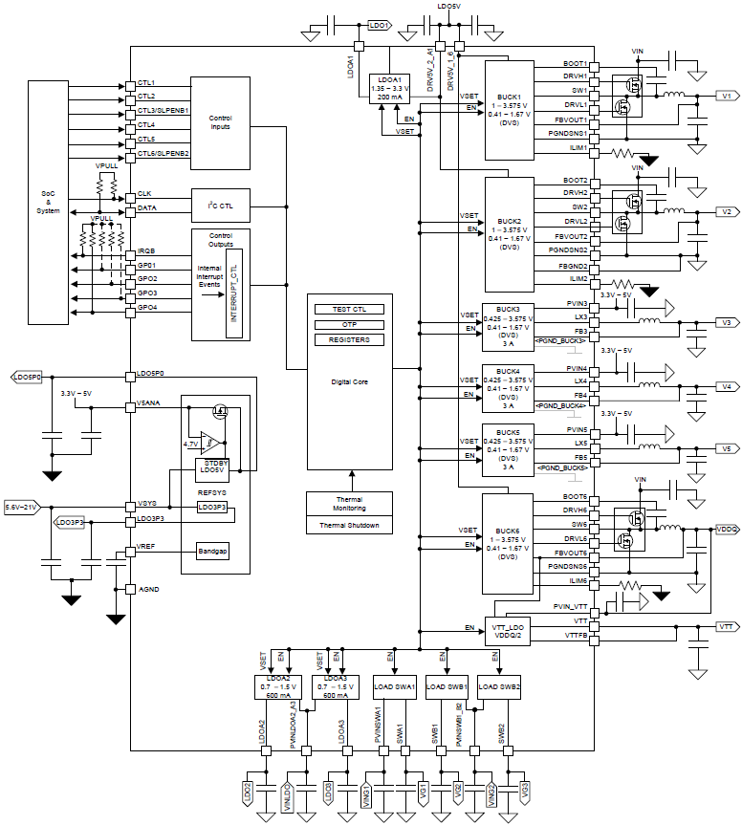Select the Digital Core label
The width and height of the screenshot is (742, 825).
coord(348,381)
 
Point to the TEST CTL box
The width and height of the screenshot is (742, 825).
coord(348,309)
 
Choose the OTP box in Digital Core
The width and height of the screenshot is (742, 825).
coord(348,324)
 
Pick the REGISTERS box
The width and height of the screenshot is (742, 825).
coord(348,339)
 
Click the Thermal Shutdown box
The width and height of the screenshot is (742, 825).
coord(348,525)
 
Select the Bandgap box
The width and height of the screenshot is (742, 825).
coord(211,552)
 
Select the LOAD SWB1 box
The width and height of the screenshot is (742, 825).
coord(447,686)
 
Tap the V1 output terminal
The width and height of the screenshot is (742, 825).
coord(726,97)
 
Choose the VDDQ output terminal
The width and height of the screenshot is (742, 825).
coord(727,528)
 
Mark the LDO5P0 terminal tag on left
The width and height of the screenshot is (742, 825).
coord(26,379)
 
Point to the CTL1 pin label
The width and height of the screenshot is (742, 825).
coord(146,83)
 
